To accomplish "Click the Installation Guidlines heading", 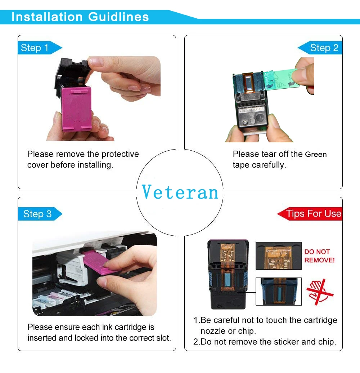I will coord(80,17).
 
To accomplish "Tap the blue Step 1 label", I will coord(35,48).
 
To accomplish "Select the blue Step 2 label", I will coord(324,48).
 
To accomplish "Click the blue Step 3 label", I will coord(37,214).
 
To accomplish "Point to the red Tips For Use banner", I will coord(313,214).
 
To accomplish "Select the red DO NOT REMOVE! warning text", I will coord(319,256).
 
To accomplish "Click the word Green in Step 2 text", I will coord(316,155).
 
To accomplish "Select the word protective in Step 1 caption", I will coord(120,154).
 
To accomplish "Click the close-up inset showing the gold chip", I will coord(278,256).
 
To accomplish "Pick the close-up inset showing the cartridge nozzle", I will coord(278,291).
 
